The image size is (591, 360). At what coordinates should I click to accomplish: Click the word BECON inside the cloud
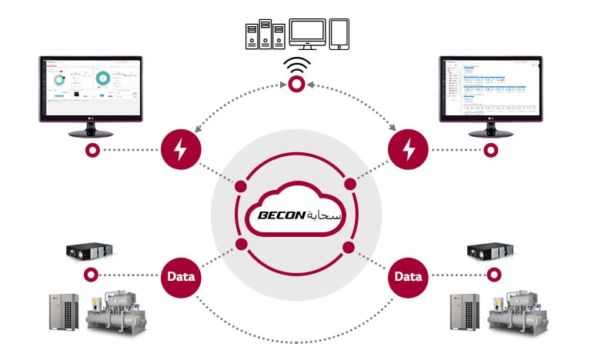click(277, 216)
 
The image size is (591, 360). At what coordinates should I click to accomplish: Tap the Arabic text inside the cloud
click(324, 215)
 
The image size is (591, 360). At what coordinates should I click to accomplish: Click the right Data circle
click(409, 275)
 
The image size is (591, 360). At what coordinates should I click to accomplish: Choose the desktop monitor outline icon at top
click(304, 32)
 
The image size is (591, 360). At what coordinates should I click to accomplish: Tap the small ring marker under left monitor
click(92, 150)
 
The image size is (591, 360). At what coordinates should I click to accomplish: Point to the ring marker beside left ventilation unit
click(92, 275)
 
